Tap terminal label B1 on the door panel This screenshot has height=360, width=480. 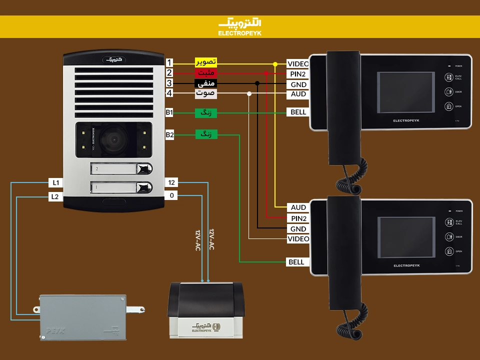pos(169,113)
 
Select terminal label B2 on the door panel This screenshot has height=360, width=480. pos(169,134)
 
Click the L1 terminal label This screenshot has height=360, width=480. pos(55,182)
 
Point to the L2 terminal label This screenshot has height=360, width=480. pos(55,196)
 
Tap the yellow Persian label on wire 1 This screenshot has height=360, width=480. pos(205,62)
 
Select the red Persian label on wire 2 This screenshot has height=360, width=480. pos(205,73)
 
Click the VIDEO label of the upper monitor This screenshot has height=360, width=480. pos(298,64)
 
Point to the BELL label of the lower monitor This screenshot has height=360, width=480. pos(296,262)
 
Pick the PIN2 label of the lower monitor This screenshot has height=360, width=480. pos(299,218)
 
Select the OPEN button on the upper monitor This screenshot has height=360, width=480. pos(448,106)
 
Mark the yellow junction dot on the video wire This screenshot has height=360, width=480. pos(275,64)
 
